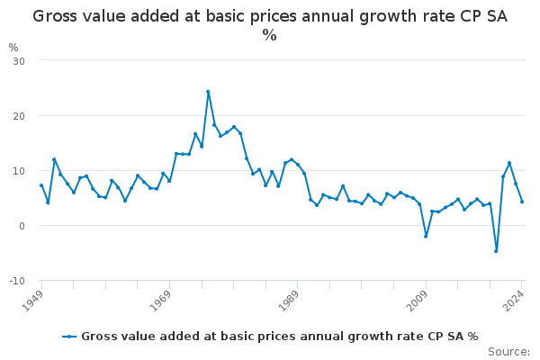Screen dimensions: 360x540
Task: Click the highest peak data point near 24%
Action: (208, 92)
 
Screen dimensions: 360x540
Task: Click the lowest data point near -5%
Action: (496, 251)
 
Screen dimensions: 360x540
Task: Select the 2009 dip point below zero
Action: (426, 237)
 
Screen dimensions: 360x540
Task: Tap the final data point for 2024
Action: (522, 202)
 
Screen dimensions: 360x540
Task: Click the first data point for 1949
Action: (41, 185)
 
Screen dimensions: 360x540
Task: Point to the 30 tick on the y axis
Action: (18, 60)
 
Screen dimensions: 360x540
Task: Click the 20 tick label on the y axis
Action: (18, 115)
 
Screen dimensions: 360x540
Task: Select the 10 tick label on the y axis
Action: (18, 171)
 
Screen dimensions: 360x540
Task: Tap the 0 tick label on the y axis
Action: (21, 226)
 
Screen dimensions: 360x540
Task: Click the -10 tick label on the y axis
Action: (16, 281)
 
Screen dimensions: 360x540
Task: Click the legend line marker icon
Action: (69, 337)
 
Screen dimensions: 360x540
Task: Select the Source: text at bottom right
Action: (508, 351)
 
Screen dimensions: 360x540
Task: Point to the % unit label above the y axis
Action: (13, 47)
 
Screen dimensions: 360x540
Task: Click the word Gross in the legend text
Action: (99, 337)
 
